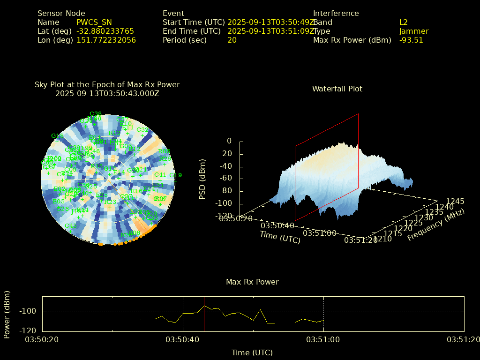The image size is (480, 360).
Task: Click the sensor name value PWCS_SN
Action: pos(94,22)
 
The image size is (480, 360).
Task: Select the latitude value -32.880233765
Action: pos(105,31)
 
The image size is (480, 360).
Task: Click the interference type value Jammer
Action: pos(414,31)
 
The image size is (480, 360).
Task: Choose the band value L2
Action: pos(404,22)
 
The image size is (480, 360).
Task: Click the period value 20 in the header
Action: pos(232,40)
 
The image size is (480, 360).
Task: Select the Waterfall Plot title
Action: pos(337,89)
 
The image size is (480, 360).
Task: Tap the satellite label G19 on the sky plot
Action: pos(175,175)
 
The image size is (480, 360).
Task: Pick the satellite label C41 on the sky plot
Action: pos(160,175)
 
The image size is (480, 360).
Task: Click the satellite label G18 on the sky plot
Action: pos(57,136)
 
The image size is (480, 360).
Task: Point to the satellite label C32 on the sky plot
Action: pos(142,130)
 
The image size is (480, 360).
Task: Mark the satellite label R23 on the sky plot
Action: pos(110,202)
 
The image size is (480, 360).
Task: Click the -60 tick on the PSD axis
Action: pos(225,179)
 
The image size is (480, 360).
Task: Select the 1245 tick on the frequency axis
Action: pos(455,201)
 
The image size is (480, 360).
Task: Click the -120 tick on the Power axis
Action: pos(30,330)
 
